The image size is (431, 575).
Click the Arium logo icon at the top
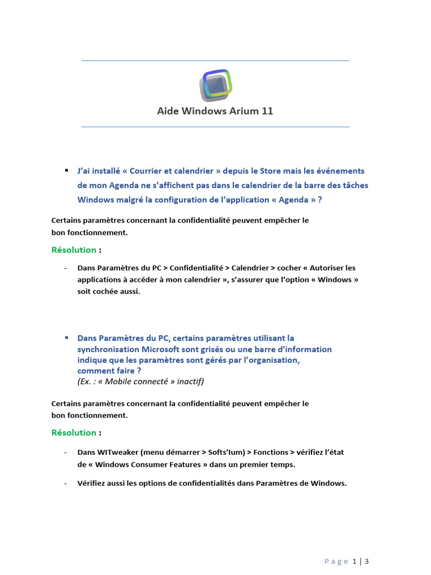[x=215, y=85]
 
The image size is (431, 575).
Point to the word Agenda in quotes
[x=294, y=200]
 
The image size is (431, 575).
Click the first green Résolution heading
[x=74, y=250]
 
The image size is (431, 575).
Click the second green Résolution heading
[x=74, y=432]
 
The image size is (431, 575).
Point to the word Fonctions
[x=272, y=452]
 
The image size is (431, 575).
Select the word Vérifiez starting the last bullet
[x=93, y=483]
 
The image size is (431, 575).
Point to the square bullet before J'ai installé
[x=66, y=170]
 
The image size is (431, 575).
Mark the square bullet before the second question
[x=66, y=337]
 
